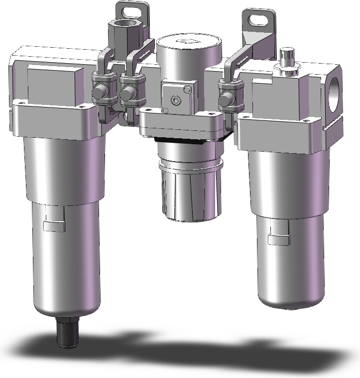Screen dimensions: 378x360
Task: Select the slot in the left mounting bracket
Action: click(132, 9)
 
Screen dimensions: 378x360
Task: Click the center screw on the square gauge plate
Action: click(175, 101)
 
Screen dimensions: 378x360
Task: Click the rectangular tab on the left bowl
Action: click(55, 226)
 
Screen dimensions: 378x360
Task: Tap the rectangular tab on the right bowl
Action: click(279, 240)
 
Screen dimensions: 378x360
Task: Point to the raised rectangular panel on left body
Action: click(53, 85)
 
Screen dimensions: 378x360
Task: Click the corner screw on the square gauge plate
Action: click(187, 90)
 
